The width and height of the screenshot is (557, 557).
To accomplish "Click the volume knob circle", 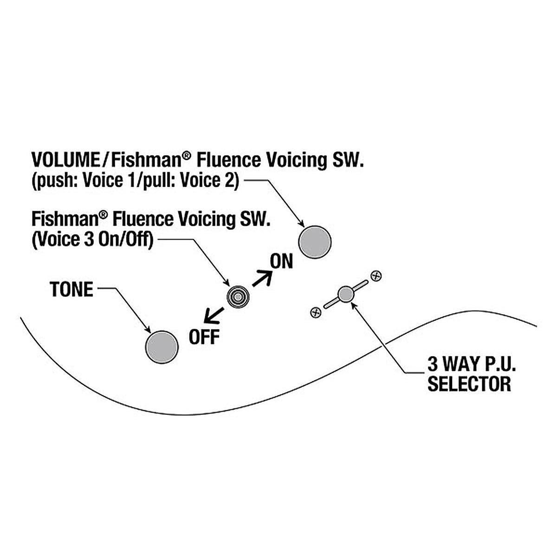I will click(315, 242).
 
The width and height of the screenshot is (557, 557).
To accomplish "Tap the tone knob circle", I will click(162, 347).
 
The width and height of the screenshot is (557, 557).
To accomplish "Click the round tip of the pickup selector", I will click(345, 294).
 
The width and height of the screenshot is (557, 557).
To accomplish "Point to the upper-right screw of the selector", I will click(377, 275).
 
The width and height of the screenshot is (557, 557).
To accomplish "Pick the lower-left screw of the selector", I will click(315, 313).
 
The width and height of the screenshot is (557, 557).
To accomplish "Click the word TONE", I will click(71, 289).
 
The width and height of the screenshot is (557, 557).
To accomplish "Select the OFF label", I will click(204, 337).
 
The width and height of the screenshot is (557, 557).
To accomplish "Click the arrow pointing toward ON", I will click(262, 278).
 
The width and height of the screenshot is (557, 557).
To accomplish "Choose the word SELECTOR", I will click(469, 384).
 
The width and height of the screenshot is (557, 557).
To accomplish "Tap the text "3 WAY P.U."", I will click(472, 363).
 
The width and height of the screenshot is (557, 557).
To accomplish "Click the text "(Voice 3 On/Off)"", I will click(92, 240).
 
